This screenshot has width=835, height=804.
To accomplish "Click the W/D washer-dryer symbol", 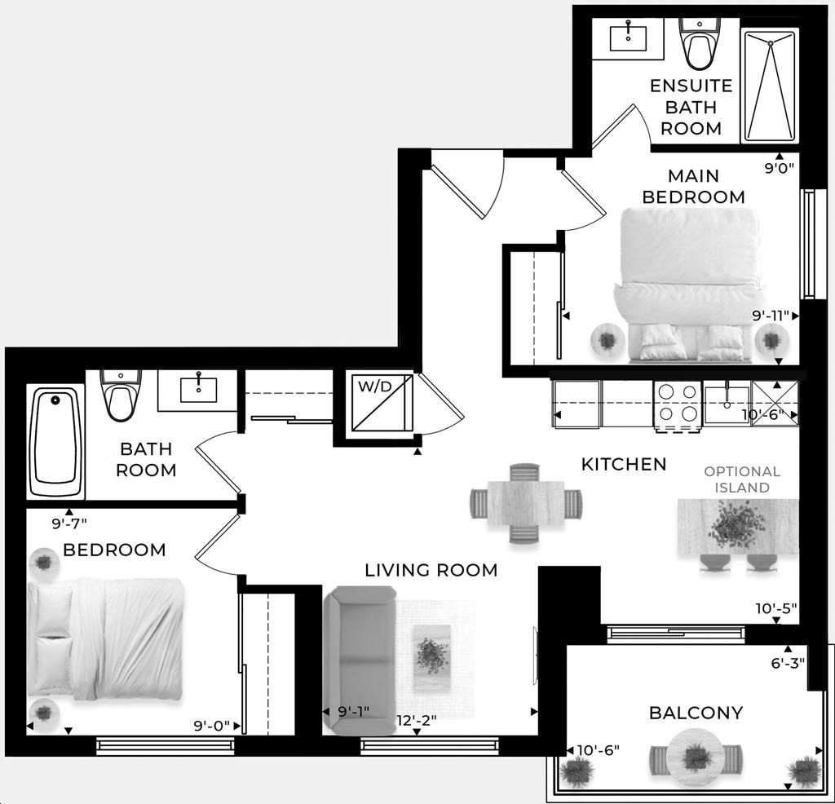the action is [382, 403].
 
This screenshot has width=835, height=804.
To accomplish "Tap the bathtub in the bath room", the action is [56, 441].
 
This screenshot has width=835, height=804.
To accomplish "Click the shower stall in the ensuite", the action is [770, 86].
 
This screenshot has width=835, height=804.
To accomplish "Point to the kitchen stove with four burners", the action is [677, 406].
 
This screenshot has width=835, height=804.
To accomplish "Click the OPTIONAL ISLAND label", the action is [742, 479].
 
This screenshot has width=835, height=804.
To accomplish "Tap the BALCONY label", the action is [696, 713].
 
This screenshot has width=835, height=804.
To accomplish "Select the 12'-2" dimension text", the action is [417, 720].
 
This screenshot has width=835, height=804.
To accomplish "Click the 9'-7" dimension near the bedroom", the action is [69, 524].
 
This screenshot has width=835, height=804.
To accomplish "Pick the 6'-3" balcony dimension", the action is [788, 663].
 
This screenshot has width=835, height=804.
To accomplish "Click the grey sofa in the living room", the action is [360, 659].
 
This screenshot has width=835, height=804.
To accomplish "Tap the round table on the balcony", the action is [695, 757].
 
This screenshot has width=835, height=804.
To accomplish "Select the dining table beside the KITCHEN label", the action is [526, 503].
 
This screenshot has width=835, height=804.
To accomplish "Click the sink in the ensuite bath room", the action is [629, 38].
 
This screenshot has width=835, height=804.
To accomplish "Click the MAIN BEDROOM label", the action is [693, 187].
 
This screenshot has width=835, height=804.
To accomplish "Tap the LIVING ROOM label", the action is [431, 570].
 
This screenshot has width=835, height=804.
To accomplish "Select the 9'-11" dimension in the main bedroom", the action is [770, 316].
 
